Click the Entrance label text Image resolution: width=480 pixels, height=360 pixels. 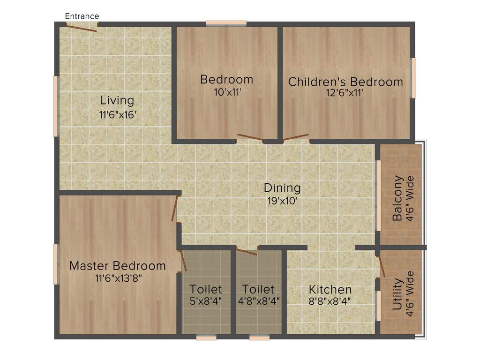82,16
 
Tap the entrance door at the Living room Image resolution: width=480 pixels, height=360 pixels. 81,28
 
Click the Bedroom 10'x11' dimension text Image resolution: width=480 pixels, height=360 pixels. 227,92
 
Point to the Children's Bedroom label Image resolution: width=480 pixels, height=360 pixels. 345,82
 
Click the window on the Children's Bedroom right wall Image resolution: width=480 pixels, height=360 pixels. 413,78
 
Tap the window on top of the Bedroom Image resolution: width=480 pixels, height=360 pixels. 226,22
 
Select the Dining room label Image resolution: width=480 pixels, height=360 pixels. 282,188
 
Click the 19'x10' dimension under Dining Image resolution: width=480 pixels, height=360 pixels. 282,202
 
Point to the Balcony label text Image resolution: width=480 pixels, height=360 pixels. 398,198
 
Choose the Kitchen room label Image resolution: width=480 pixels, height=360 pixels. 330,289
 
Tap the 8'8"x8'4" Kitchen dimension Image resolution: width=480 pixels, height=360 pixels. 330,301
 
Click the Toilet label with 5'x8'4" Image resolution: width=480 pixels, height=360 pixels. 206,289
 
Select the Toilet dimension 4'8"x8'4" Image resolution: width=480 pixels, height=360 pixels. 259,301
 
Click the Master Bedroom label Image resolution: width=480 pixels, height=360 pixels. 118,266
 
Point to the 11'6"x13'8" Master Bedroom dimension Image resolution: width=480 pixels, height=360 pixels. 118,278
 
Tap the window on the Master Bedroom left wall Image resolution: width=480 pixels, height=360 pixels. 56,264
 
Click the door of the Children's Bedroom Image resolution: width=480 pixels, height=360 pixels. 296,138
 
